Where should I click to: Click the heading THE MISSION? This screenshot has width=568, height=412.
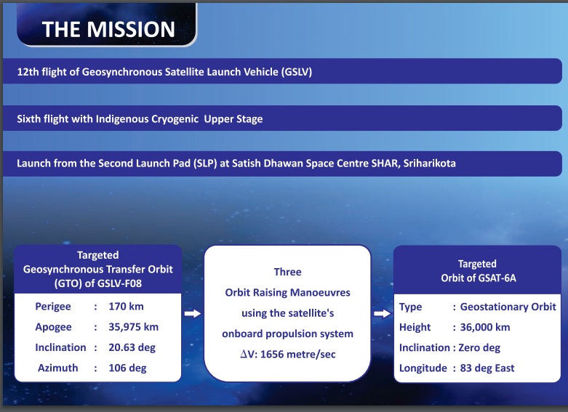108,29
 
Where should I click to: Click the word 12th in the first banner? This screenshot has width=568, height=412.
28,72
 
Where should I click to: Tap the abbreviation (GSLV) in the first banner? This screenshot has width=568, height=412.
296,72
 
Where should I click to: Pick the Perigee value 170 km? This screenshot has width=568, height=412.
126,307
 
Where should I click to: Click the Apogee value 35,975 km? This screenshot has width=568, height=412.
133,327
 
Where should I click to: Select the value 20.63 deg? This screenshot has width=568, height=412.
132,347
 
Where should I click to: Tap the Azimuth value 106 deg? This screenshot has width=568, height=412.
127,368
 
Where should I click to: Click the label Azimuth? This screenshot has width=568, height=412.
58,368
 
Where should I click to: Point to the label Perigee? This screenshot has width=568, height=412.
53,307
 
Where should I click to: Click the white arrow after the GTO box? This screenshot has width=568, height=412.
192,313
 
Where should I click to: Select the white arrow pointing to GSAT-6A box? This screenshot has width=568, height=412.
382,313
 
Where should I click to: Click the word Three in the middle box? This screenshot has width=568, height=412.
287,272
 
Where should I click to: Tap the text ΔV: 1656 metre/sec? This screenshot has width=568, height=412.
288,354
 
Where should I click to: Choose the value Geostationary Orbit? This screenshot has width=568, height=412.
508,307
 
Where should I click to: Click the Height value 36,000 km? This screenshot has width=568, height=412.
485,327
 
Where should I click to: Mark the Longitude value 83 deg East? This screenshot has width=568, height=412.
487,368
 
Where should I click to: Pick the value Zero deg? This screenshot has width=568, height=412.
479,348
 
